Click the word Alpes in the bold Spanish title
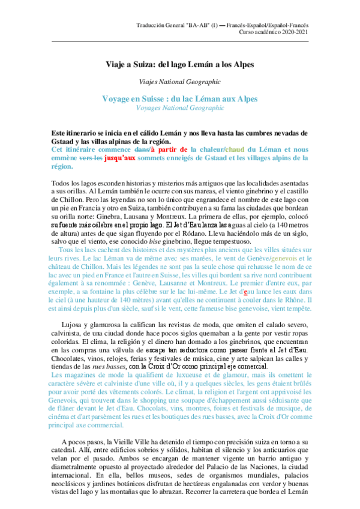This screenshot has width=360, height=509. pyautogui.click(x=240, y=64)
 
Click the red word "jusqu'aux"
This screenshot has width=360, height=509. pyautogui.click(x=120, y=158)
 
